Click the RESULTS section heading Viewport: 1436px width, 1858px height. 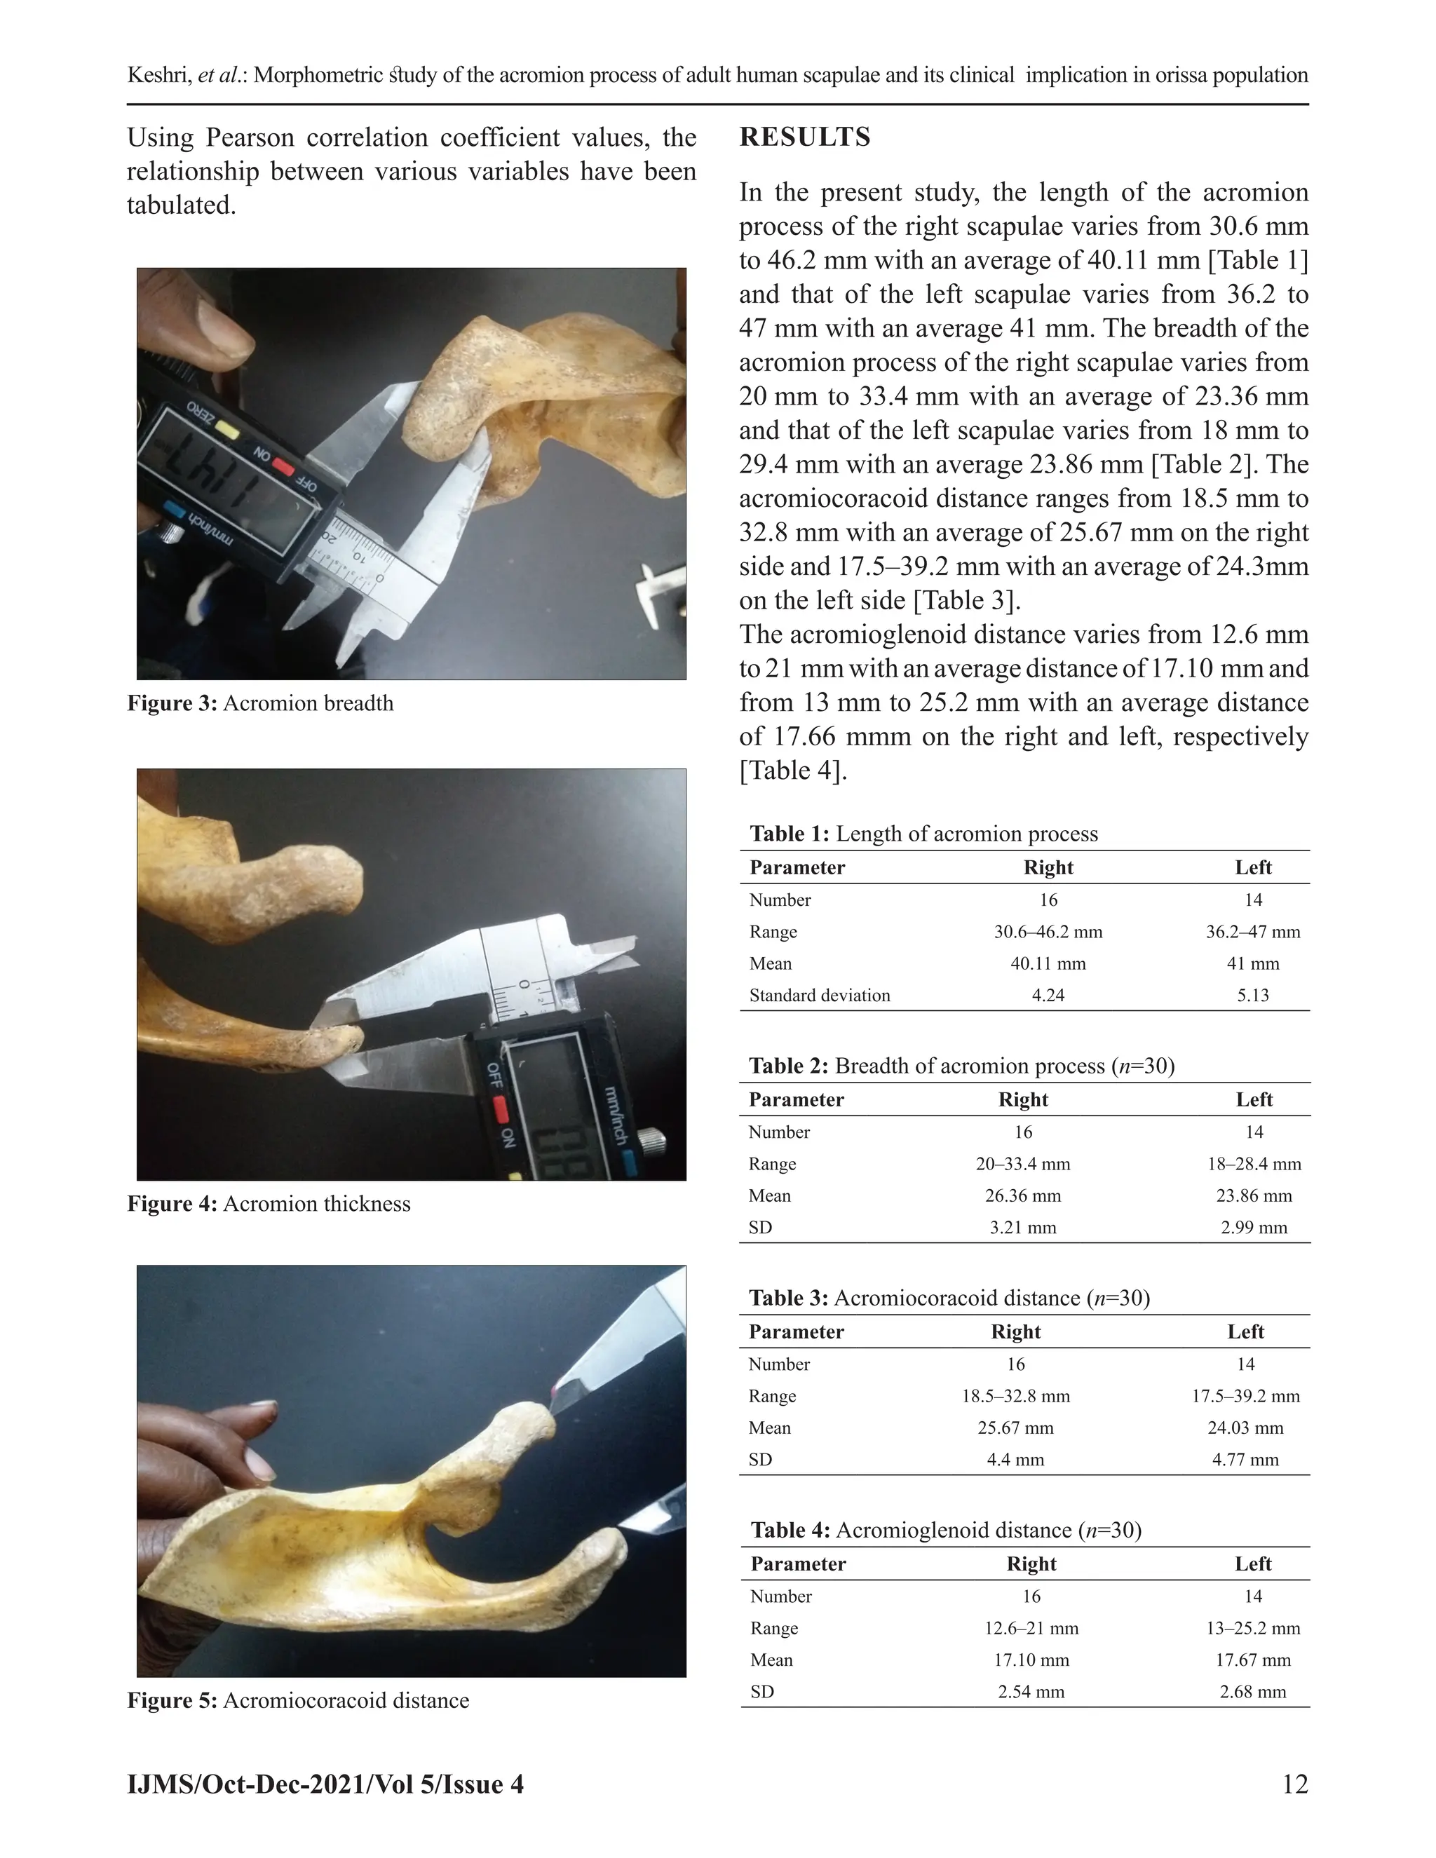(805, 137)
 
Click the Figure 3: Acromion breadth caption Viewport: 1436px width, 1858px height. (260, 703)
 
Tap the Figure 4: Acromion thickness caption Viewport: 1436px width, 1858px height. (269, 1204)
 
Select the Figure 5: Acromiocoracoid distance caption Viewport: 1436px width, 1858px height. (298, 1701)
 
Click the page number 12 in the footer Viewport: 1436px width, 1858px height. (1294, 1784)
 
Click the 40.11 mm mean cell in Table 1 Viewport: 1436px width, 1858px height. (1048, 964)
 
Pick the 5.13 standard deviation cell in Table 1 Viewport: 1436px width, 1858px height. (1252, 996)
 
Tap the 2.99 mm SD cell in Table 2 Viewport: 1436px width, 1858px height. (1253, 1228)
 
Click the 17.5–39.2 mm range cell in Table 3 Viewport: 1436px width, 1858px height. (1245, 1396)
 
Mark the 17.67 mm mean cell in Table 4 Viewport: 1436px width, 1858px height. (1252, 1660)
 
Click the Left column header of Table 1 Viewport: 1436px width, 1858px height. (1252, 868)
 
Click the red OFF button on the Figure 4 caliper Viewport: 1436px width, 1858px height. (499, 1108)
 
